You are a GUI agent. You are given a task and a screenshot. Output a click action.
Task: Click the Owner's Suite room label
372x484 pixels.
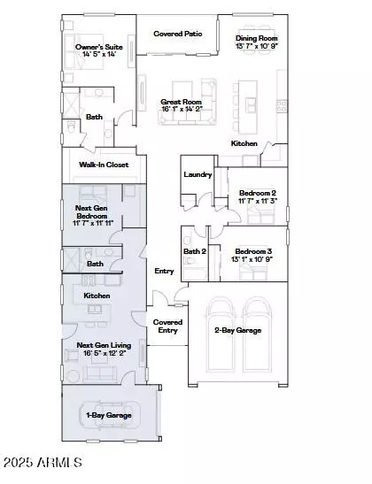pos(98,45)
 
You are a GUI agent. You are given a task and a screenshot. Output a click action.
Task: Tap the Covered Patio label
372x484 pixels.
pos(177,34)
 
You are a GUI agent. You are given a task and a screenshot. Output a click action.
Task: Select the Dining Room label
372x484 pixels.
pos(256,38)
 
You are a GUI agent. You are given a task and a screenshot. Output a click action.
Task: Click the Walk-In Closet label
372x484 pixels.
pos(104,165)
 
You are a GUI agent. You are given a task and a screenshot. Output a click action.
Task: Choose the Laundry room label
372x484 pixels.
pos(198,174)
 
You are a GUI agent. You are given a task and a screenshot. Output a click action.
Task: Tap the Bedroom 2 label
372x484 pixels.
pos(258,193)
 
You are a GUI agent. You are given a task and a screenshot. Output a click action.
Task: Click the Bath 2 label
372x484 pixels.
pos(194,251)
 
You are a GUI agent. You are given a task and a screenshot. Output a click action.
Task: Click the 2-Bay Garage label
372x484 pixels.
pos(237,330)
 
